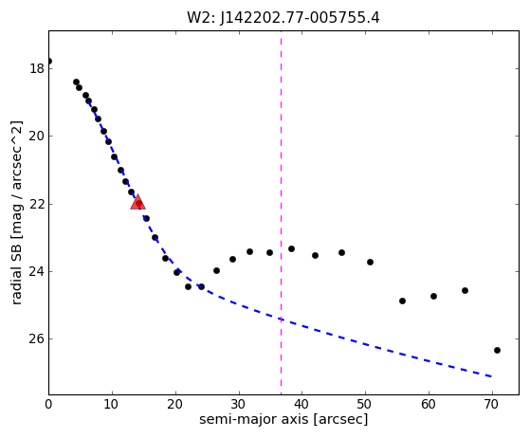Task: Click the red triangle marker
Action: point(137,203)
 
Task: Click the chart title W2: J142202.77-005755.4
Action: point(283,18)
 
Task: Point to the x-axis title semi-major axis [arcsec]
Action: point(283,419)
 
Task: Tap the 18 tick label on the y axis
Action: point(37,68)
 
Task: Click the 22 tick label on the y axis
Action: point(37,204)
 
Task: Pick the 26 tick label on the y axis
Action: point(37,339)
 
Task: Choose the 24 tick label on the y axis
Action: point(37,271)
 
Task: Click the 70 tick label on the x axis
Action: point(492,404)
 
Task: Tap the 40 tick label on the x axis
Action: point(302,404)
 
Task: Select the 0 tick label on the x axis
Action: point(48,404)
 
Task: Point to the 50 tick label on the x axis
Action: point(366,404)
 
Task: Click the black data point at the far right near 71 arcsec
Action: point(497,350)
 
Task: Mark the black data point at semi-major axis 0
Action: point(49,62)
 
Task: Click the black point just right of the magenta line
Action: point(291,248)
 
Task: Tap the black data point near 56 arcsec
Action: point(402,301)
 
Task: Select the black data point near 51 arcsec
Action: point(370,262)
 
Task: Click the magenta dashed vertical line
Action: point(281,212)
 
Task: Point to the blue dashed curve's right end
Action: point(492,376)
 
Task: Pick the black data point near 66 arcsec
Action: point(465,290)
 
